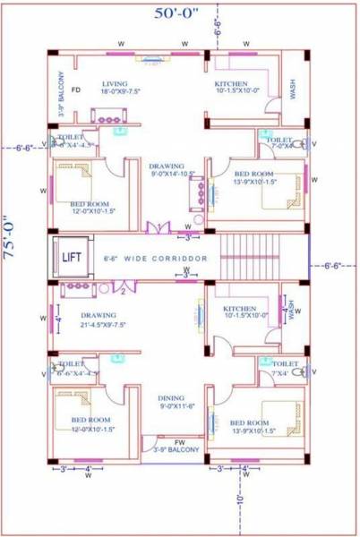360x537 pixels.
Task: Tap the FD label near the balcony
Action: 76,90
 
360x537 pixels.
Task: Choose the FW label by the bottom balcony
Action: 179,441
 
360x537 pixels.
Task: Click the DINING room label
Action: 171,397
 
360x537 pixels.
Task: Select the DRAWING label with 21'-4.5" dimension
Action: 98,315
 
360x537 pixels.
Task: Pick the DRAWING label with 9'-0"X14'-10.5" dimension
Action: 167,166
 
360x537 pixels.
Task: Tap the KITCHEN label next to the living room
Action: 230,84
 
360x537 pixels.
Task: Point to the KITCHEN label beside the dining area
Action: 239,309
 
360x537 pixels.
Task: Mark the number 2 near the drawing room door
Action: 121,291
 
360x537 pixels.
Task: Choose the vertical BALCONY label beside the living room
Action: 61,94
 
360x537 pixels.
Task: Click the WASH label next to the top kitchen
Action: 293,87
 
